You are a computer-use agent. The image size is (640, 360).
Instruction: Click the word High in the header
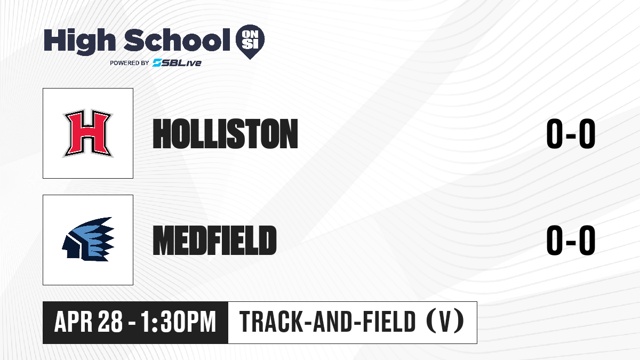tap(79, 41)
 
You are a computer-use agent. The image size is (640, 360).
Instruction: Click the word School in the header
tap(177, 40)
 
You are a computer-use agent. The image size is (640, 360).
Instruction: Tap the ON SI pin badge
tap(250, 42)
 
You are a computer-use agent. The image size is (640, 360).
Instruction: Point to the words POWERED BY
tap(130, 63)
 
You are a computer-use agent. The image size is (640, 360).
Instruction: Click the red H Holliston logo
tap(88, 133)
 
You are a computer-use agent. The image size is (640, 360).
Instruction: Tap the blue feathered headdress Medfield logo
tap(88, 239)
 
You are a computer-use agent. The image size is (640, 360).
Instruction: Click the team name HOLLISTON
tap(225, 134)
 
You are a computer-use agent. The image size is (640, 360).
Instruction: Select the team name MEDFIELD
tap(214, 240)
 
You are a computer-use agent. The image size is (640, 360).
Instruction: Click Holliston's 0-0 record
tap(571, 134)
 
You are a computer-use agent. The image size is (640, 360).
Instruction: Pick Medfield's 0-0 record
tap(571, 240)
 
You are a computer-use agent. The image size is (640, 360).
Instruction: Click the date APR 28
tap(89, 322)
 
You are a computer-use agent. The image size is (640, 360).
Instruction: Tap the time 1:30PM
tap(179, 322)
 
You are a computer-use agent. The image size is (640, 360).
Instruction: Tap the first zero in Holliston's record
tap(555, 134)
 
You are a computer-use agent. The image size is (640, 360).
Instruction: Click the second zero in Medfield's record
tap(587, 240)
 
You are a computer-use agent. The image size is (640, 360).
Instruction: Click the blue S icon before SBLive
tap(157, 63)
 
